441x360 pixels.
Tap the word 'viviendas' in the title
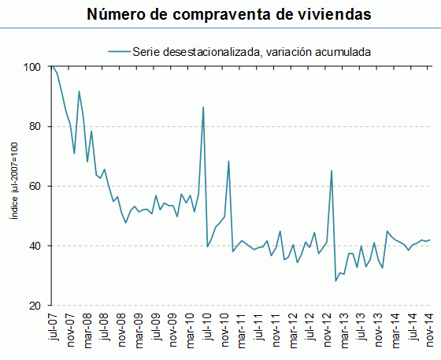pyautogui.click(x=327, y=14)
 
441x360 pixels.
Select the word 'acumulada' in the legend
pyautogui.click(x=338, y=51)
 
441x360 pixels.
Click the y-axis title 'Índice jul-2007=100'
pyautogui.click(x=13, y=187)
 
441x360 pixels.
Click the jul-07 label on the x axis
pyautogui.click(x=54, y=326)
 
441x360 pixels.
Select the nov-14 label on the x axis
pyautogui.click(x=430, y=328)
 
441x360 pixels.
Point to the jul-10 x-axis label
pyautogui.click(x=207, y=326)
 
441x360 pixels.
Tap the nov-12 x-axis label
pyautogui.click(x=328, y=328)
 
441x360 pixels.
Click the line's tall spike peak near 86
pyautogui.click(x=203, y=106)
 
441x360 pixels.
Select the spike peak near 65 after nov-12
pyautogui.click(x=332, y=170)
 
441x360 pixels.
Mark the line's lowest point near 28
pyautogui.click(x=335, y=281)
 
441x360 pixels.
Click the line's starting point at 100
pyautogui.click(x=53, y=67)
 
